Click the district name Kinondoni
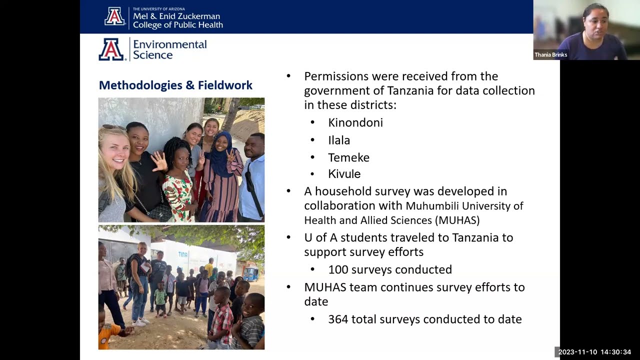(355, 122)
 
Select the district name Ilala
(339, 140)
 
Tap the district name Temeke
(348, 157)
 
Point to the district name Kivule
(344, 174)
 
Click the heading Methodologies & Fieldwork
(175, 85)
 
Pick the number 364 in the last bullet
(338, 319)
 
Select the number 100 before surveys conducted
(338, 270)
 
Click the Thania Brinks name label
(551, 55)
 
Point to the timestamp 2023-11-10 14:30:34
(594, 352)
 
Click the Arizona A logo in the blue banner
(114, 16)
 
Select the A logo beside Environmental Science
(111, 49)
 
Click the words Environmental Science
(169, 49)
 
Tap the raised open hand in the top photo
(159, 161)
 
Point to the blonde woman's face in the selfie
(114, 148)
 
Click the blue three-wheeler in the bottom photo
(250, 273)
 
